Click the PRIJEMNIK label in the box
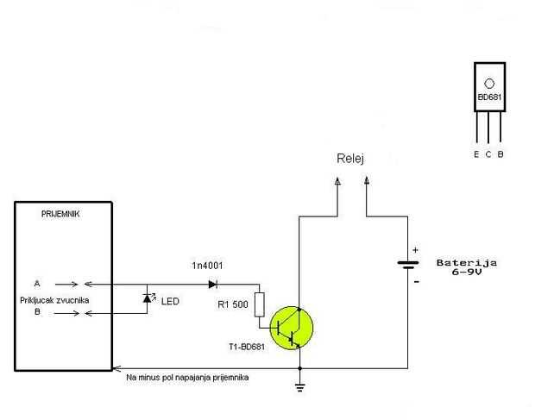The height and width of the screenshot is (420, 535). [x=60, y=214]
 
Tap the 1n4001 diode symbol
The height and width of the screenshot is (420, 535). [x=213, y=284]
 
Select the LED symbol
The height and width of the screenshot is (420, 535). [x=148, y=298]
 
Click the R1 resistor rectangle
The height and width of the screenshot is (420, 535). [x=260, y=304]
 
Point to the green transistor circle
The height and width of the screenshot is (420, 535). [x=292, y=328]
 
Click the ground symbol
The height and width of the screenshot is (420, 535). [x=300, y=387]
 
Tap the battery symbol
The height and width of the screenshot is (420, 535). [x=408, y=265]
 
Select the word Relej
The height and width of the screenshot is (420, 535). [x=350, y=159]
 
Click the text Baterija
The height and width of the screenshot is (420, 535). [x=467, y=263]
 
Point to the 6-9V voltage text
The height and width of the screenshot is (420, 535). [x=467, y=272]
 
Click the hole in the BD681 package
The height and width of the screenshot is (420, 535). [x=489, y=84]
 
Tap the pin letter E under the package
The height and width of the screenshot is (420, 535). [x=476, y=154]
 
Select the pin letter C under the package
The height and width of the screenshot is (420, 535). [x=488, y=154]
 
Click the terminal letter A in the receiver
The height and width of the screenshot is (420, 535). [x=37, y=284]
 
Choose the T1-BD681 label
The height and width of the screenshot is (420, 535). [x=247, y=347]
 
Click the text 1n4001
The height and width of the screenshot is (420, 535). [x=207, y=266]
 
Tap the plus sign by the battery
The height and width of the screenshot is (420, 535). [x=415, y=250]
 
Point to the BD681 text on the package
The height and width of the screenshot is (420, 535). [x=489, y=97]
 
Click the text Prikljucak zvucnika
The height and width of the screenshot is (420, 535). [x=54, y=300]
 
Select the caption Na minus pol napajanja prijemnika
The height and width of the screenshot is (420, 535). [x=187, y=378]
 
